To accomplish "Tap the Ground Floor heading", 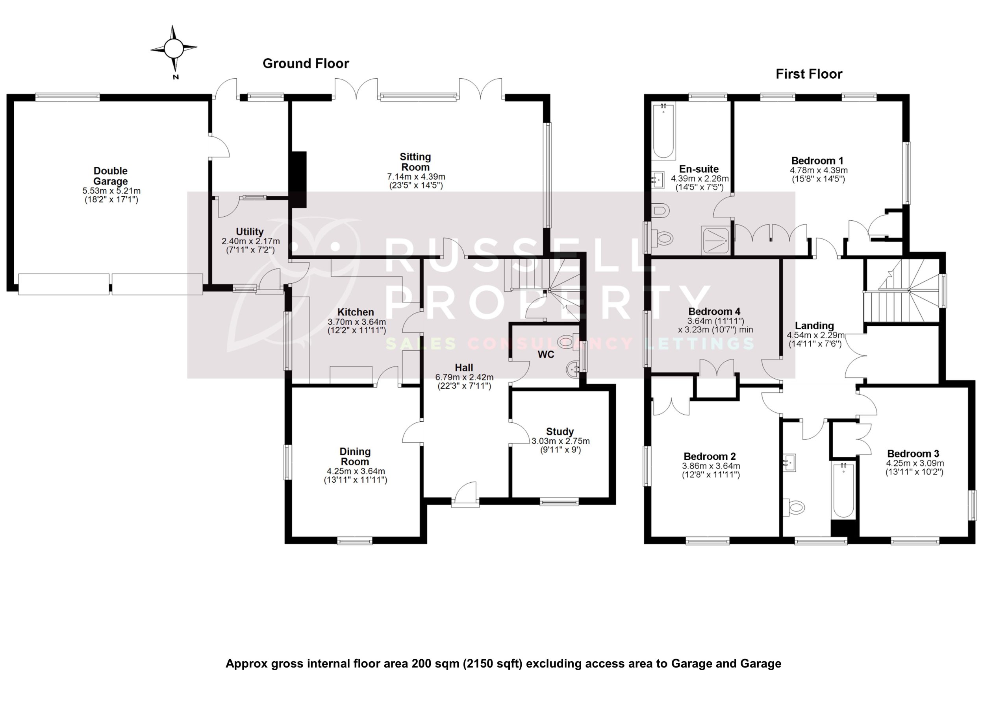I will click(x=306, y=64).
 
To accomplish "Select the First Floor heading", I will click(x=809, y=74).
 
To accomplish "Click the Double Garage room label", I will click(x=111, y=176).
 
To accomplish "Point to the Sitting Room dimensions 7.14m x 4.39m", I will click(x=416, y=177).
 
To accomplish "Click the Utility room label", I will click(x=249, y=232).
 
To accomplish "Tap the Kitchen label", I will click(x=356, y=312).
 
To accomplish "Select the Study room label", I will click(x=560, y=431).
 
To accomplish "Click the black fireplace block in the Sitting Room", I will click(x=298, y=179).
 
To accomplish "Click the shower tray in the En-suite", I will click(x=715, y=240).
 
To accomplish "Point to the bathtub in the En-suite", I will click(x=663, y=130).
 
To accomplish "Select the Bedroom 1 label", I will click(x=817, y=160).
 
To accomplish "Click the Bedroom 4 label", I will click(x=714, y=312).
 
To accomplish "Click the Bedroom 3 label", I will click(x=913, y=454).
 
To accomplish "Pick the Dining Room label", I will click(x=355, y=456).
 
